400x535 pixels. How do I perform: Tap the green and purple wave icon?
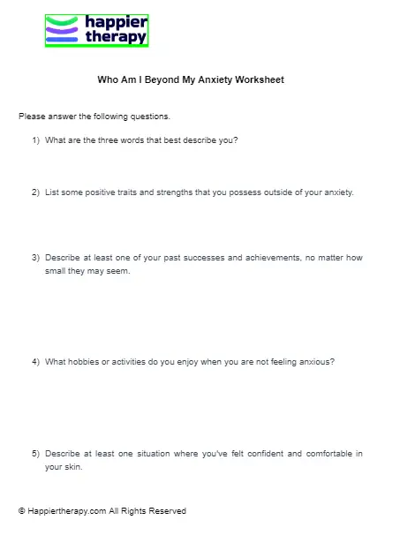[62, 29]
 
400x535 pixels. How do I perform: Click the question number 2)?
[36, 192]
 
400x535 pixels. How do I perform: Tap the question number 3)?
[36, 258]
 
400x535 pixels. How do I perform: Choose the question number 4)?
[36, 362]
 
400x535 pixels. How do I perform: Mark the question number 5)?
[36, 454]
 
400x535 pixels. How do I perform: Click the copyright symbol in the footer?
[21, 511]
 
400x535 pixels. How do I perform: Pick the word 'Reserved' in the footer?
[168, 511]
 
